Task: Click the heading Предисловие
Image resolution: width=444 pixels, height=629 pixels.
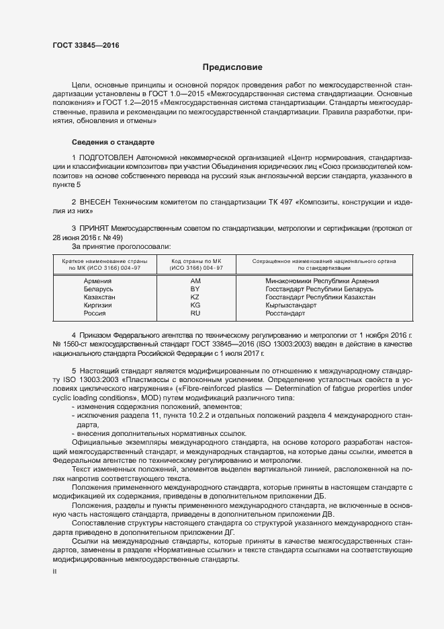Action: (233, 67)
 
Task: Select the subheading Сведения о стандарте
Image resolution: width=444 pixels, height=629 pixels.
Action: (113, 143)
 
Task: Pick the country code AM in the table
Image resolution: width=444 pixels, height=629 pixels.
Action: (196, 281)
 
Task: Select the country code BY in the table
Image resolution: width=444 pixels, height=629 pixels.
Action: (196, 289)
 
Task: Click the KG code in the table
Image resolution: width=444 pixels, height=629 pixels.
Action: (196, 305)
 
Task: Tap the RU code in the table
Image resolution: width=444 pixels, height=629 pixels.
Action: (196, 313)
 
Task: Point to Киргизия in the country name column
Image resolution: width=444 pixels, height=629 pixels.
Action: (97, 305)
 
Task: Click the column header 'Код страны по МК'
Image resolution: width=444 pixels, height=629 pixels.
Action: (197, 260)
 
